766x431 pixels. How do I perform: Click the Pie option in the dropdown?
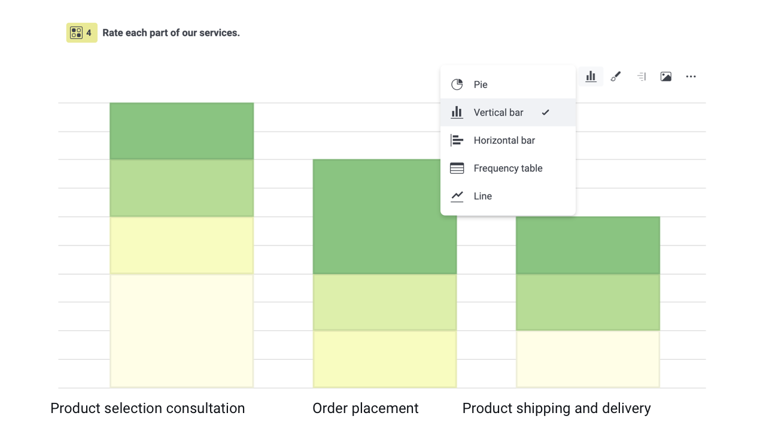[x=481, y=84]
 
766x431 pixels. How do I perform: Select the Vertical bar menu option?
[x=498, y=113]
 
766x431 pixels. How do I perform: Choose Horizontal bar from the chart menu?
[x=504, y=140]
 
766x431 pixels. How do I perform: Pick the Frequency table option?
[x=507, y=168]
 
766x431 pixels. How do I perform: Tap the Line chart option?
[x=482, y=196]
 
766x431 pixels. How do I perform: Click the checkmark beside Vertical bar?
[x=545, y=113]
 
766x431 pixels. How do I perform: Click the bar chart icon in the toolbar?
[x=591, y=77]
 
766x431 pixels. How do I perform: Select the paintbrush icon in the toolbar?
[x=616, y=77]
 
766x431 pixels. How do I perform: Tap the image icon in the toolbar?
[x=665, y=77]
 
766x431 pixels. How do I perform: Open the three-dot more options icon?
[x=691, y=77]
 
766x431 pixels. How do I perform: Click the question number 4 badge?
[x=81, y=33]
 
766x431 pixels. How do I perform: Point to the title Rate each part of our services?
[x=171, y=33]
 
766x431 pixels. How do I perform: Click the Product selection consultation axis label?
[x=148, y=408]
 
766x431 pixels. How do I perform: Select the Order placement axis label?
[x=365, y=408]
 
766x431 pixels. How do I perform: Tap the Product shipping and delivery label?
[x=557, y=408]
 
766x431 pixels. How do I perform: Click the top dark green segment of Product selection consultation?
[x=181, y=131]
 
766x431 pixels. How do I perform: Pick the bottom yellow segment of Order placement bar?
[x=384, y=359]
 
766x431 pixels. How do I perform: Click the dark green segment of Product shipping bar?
[x=588, y=245]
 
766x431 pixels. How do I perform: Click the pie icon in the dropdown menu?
[x=457, y=84]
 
